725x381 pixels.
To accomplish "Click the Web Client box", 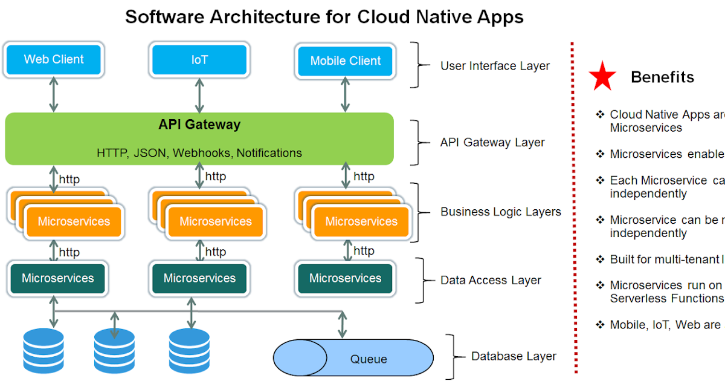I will click(x=53, y=59).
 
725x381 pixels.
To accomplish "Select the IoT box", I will click(x=199, y=60).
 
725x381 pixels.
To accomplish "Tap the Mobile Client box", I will click(x=345, y=60).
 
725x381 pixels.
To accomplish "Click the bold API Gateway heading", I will click(x=199, y=125).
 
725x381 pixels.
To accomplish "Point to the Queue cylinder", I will click(x=353, y=359).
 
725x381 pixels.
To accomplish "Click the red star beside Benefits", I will click(x=602, y=77).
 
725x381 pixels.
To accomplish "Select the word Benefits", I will click(x=662, y=77).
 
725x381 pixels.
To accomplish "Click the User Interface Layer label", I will click(x=495, y=66).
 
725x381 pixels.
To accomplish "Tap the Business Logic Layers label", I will click(x=500, y=212).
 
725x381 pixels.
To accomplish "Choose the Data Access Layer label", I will click(x=491, y=280).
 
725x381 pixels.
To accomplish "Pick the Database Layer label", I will click(x=514, y=356).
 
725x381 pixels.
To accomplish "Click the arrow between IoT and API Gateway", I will click(x=199, y=95).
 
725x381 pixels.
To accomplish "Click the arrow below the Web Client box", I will click(x=54, y=95).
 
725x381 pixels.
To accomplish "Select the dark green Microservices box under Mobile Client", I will click(x=345, y=278).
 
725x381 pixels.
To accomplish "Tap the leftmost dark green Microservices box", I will click(x=58, y=278).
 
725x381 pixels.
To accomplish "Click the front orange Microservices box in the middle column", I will click(x=215, y=221).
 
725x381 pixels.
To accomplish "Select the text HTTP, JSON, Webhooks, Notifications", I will click(x=199, y=153).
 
